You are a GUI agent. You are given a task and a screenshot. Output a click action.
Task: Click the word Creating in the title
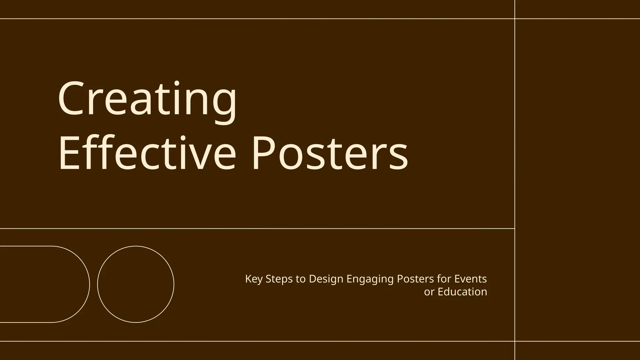[147, 99]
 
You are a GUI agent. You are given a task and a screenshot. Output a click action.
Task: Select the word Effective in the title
[147, 154]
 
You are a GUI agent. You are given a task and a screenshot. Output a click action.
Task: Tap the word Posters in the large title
[330, 154]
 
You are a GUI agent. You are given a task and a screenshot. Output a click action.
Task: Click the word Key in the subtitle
[253, 279]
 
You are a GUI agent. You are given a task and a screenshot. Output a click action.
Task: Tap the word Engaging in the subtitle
[370, 279]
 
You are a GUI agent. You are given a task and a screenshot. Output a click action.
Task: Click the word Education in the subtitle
[462, 292]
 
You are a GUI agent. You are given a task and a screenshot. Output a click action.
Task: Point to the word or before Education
[429, 292]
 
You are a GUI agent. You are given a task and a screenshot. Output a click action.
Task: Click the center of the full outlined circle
[136, 284]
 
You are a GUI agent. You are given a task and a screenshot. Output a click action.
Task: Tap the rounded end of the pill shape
[89, 284]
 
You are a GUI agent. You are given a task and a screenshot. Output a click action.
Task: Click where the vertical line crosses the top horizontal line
[515, 19]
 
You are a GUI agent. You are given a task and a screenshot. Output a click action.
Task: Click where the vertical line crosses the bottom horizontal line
[515, 341]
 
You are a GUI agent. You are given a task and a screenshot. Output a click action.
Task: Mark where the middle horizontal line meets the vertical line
[515, 228]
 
